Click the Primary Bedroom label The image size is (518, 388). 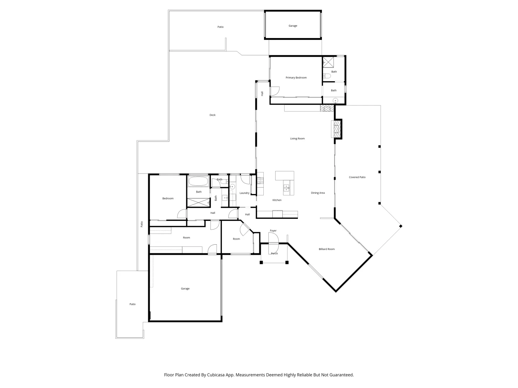tap(296, 78)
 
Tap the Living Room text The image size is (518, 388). tap(297, 138)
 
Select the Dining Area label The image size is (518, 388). tap(318, 193)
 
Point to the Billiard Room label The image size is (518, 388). tap(327, 249)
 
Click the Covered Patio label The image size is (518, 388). tap(357, 177)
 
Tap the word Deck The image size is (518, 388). tap(213, 115)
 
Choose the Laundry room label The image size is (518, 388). tap(244, 193)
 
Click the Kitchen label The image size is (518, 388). tap(277, 200)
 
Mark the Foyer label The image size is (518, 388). tap(273, 231)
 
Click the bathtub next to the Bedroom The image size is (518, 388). tap(198, 181)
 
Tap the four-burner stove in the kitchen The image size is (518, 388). tap(260, 180)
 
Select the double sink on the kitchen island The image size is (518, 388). tap(286, 187)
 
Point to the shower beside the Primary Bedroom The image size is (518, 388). tap(328, 62)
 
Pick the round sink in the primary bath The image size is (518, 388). tap(335, 100)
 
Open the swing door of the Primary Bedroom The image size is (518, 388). tap(274, 92)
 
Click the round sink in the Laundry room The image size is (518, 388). tap(232, 186)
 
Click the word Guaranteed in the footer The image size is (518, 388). tap(341, 375)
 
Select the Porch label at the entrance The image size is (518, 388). tap(274, 254)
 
